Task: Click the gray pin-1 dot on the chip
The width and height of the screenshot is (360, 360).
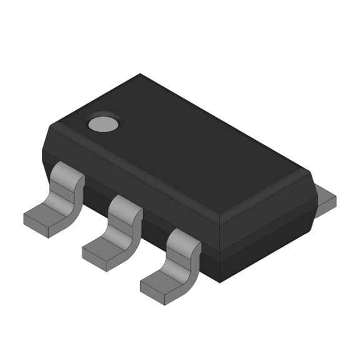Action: click(103, 123)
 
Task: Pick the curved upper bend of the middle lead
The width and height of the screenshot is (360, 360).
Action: click(125, 209)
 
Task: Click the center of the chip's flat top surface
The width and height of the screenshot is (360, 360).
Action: click(187, 141)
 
